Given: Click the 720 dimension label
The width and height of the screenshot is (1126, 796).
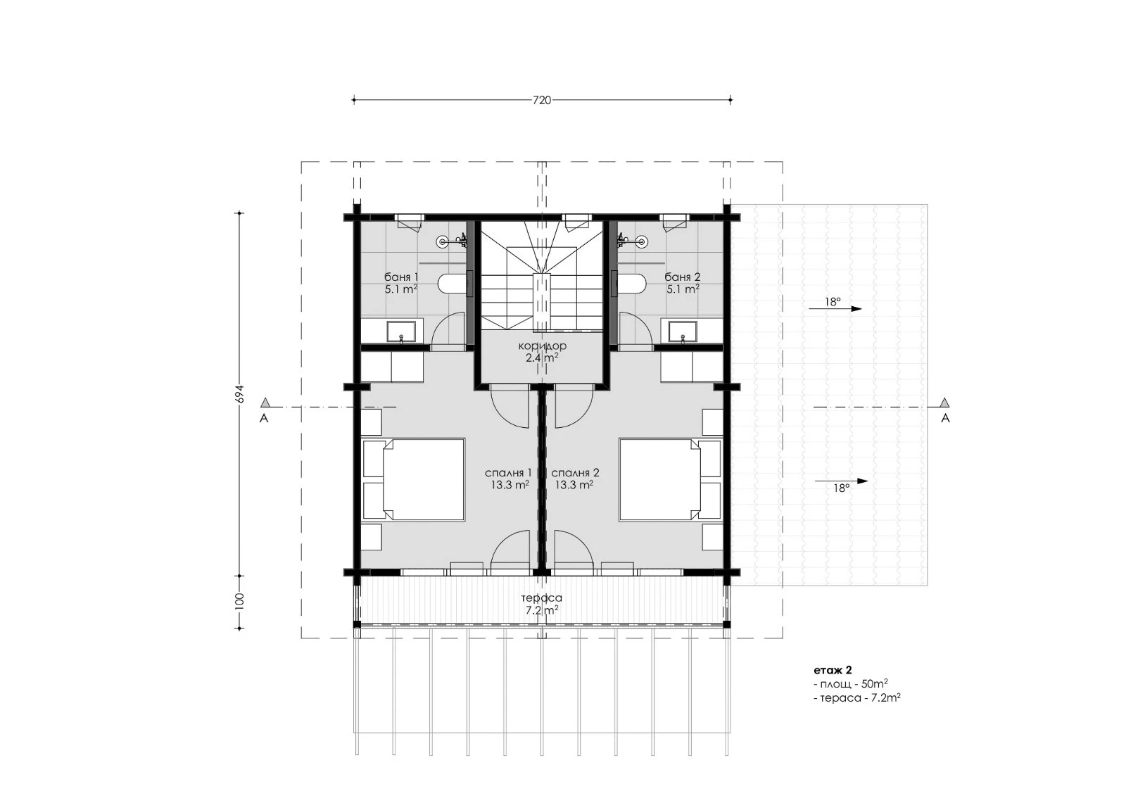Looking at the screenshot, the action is (x=542, y=100).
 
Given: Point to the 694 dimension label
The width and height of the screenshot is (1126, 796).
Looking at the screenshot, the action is (x=240, y=393).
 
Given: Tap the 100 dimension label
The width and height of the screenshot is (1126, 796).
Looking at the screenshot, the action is (x=240, y=601).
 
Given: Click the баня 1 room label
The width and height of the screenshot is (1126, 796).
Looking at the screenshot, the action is (x=401, y=277).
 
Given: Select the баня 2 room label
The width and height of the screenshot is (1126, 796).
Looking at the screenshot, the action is (x=682, y=277).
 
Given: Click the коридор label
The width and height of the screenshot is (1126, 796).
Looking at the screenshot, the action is (x=543, y=346).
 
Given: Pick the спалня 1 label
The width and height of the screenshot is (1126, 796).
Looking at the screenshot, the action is (x=508, y=473).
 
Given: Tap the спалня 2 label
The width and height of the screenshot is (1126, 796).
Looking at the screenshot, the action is (x=575, y=473).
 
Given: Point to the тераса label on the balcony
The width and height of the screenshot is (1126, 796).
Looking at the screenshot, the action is (x=541, y=598).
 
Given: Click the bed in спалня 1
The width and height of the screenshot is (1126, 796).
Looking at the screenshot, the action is (x=413, y=480).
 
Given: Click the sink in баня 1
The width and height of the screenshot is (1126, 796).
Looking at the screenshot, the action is (x=401, y=332).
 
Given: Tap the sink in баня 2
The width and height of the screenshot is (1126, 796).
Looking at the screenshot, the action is (x=682, y=332).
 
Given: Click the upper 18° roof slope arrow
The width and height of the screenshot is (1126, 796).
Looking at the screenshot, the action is (x=835, y=309).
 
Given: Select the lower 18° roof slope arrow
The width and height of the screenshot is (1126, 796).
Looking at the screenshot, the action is (x=841, y=481).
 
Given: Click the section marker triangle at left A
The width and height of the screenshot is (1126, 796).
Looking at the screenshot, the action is (x=265, y=403).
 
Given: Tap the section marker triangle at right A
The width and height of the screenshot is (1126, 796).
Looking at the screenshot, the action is (x=944, y=403).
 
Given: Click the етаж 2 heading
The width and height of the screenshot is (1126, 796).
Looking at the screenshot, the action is (x=833, y=670).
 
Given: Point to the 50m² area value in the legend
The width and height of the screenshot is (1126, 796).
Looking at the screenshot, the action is (x=874, y=684).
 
